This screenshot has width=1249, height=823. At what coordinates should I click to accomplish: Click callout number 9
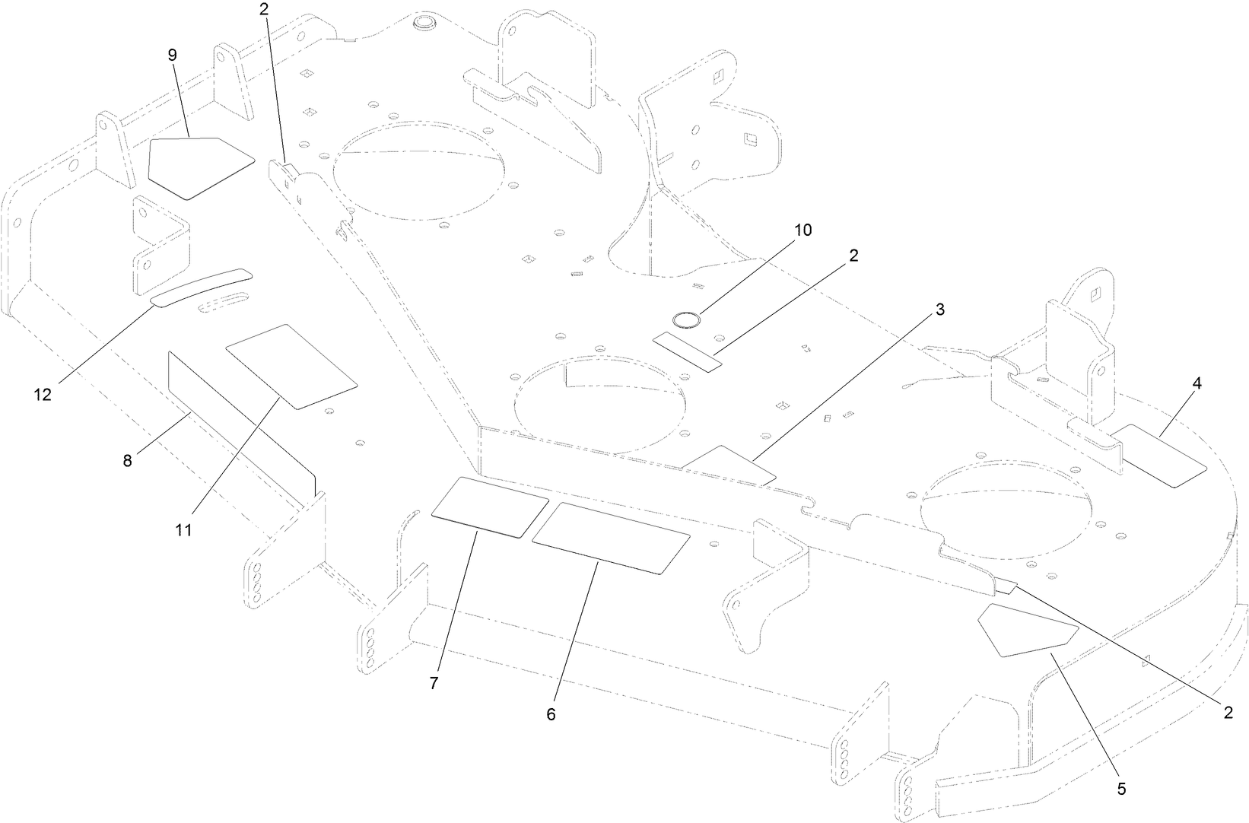click(x=172, y=55)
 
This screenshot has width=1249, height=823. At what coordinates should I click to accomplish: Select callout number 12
click(x=43, y=395)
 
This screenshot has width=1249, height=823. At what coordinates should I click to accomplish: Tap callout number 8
click(x=127, y=460)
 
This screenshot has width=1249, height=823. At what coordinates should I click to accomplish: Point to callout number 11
click(x=183, y=529)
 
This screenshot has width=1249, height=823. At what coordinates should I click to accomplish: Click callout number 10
click(x=803, y=230)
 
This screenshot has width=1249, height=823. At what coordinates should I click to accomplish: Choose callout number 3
click(x=940, y=309)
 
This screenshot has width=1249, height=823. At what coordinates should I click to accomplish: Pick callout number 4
click(x=1197, y=383)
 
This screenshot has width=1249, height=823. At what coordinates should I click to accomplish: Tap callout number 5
click(x=1121, y=789)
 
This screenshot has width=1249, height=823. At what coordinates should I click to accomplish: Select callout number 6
click(x=551, y=714)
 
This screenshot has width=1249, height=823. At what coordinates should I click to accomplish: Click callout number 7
click(x=434, y=683)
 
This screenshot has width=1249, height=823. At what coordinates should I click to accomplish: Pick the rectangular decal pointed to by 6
click(x=611, y=537)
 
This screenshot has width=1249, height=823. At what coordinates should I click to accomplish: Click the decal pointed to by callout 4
click(x=1159, y=456)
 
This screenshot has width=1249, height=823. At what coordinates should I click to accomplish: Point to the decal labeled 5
click(x=1028, y=629)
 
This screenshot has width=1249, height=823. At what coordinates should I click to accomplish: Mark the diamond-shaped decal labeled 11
click(x=291, y=367)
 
